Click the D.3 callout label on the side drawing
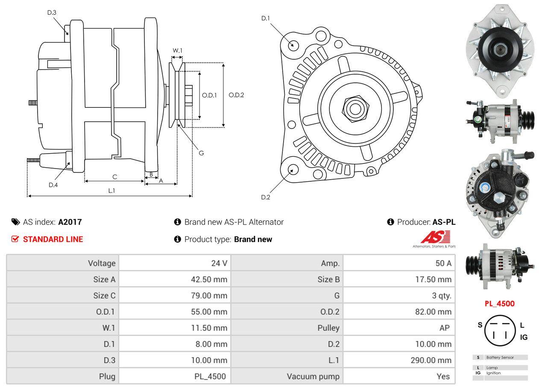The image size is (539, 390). tap(52, 12)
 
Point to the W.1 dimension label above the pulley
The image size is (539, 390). tap(177, 50)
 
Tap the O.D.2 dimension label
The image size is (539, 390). tap(236, 95)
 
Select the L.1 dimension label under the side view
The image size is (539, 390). tap(111, 191)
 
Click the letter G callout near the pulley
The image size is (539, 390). tap(201, 153)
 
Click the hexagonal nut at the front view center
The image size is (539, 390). tap(354, 108)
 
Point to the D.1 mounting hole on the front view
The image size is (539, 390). tap(293, 45)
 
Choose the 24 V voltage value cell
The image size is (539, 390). tap(219, 263)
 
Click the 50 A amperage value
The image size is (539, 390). tap(443, 263)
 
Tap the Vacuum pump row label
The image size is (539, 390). tap(313, 376)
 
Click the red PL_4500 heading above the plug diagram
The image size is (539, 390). tap(499, 304)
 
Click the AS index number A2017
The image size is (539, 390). tap(70, 222)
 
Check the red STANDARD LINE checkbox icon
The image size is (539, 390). tap(15, 239)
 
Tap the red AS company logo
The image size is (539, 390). tap(435, 237)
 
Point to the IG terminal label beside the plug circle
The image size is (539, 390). tap(524, 337)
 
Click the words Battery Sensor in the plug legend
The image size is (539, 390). tap(500, 357)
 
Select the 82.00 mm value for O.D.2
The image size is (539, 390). tap(434, 312)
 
